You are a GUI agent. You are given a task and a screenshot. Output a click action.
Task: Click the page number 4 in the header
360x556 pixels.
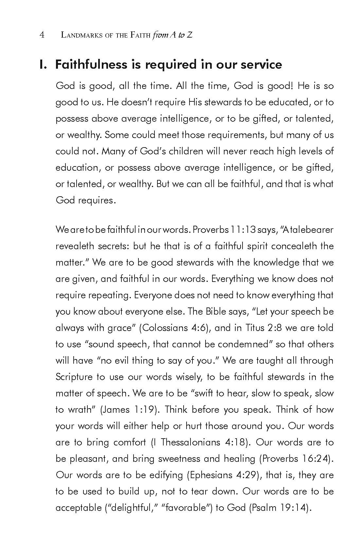(x=42, y=35)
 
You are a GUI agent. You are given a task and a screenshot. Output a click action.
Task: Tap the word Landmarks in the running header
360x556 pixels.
(x=79, y=35)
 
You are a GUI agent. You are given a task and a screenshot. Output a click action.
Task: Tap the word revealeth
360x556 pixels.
(x=75, y=246)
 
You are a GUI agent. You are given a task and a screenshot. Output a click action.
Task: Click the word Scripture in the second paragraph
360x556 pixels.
(x=74, y=377)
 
